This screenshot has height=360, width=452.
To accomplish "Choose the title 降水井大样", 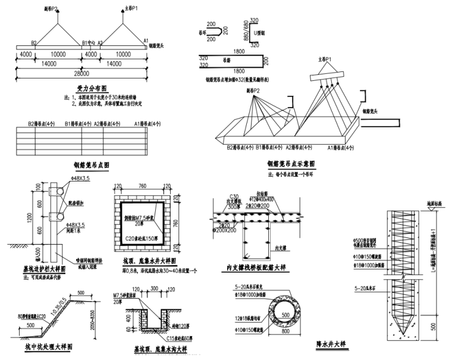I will coord(331,344).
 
